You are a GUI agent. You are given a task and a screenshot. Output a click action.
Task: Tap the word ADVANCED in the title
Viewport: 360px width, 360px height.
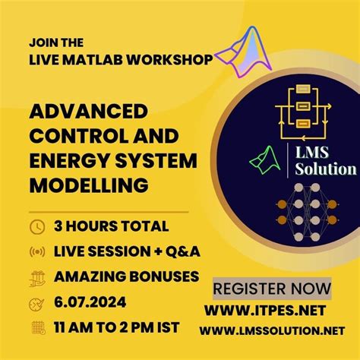click(88, 112)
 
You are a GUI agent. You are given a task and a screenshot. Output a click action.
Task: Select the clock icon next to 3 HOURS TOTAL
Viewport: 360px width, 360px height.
click(36, 226)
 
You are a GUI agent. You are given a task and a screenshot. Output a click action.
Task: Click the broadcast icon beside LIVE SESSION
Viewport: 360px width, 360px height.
click(36, 251)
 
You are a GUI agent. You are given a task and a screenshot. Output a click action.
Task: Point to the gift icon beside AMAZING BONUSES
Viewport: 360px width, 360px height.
click(36, 276)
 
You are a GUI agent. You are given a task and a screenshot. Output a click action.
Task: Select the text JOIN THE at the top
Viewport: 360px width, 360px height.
click(56, 42)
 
